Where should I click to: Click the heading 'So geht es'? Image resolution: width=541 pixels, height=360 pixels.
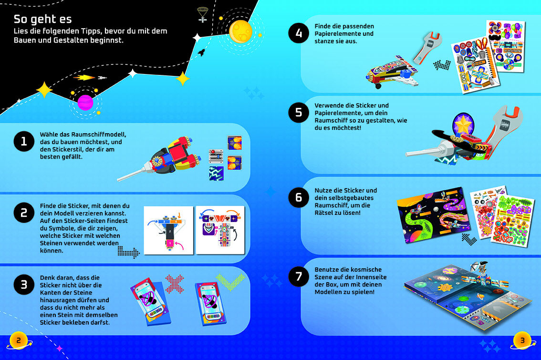(43, 19)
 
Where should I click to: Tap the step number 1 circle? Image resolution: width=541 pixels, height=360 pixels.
(24, 141)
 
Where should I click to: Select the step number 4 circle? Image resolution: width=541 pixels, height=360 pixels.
(299, 33)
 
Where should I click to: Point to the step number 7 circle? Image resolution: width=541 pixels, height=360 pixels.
(299, 276)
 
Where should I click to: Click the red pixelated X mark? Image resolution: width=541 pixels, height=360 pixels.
(175, 284)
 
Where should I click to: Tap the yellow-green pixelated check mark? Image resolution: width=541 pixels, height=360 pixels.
(230, 282)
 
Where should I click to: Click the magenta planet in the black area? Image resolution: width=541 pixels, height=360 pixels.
(85, 103)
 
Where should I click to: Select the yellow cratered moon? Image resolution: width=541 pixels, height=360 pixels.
(240, 32)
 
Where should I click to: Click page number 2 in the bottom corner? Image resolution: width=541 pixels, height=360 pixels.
(19, 341)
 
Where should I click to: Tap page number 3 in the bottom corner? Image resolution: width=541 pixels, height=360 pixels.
(522, 341)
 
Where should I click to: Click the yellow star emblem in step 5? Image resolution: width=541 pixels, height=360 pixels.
(463, 125)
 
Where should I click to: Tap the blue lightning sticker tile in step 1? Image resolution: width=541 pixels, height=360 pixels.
(216, 173)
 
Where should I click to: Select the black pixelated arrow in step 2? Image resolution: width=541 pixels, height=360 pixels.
(128, 252)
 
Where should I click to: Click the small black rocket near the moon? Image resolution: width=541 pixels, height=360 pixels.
(201, 53)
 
